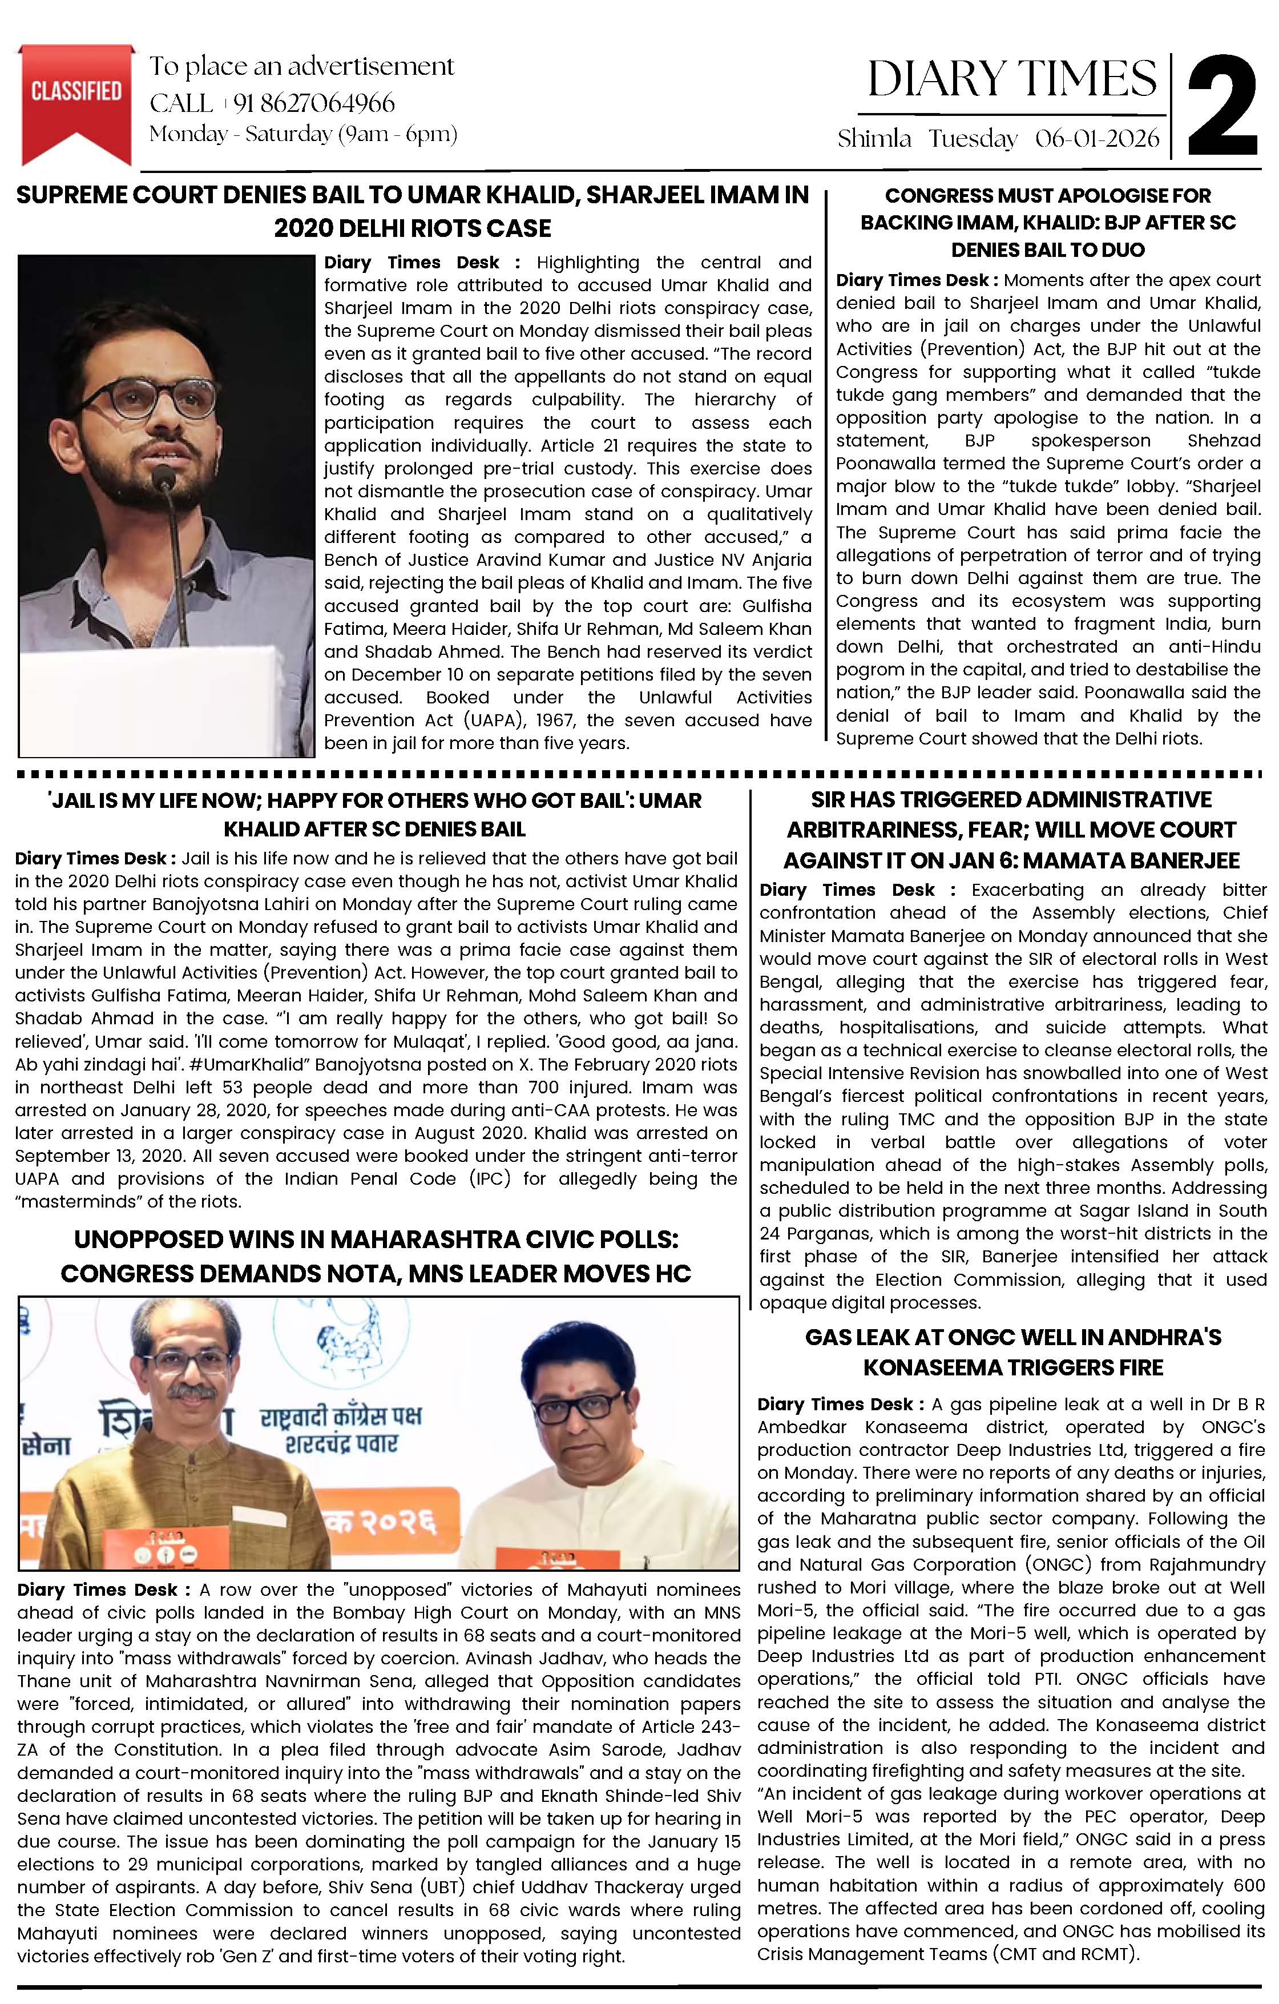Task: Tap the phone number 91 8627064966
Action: point(314,103)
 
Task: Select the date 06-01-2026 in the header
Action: point(1097,138)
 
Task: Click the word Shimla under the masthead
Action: point(874,138)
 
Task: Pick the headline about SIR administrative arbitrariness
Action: point(1011,830)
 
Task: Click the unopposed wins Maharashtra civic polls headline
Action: point(376,1256)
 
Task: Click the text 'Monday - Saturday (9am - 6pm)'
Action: point(303,134)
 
